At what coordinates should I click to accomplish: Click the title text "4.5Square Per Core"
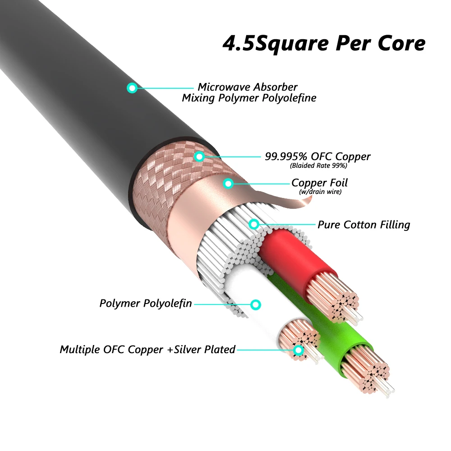tap(324, 43)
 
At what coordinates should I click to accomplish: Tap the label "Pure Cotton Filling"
tap(364, 224)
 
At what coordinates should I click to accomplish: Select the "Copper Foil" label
tap(319, 183)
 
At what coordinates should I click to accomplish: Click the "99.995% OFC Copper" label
tap(318, 156)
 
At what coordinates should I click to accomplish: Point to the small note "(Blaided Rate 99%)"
tap(318, 166)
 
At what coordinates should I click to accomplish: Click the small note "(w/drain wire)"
tap(321, 192)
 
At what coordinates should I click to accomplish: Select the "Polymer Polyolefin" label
tap(146, 303)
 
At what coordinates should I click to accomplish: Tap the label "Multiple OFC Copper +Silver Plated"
tap(147, 349)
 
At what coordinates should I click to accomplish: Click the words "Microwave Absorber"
tap(248, 87)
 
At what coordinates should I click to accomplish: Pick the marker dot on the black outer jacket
tap(132, 88)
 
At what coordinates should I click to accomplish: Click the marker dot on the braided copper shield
tap(199, 156)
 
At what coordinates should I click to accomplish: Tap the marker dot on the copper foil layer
tap(229, 184)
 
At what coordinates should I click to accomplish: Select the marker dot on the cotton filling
tap(254, 224)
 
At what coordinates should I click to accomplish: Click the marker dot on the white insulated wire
tap(256, 304)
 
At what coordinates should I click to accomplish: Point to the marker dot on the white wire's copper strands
tap(298, 350)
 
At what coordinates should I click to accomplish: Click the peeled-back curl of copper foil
tap(293, 201)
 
